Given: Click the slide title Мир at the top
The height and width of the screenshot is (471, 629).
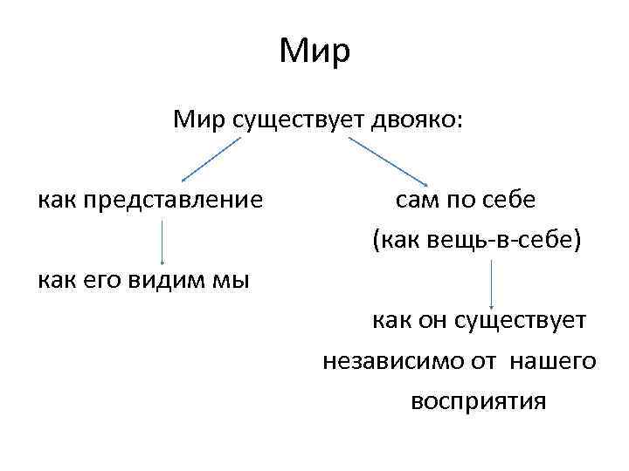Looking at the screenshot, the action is (314, 51).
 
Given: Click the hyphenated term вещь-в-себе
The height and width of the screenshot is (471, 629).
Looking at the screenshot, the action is (498, 241).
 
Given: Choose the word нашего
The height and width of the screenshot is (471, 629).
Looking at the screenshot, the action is (554, 361).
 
